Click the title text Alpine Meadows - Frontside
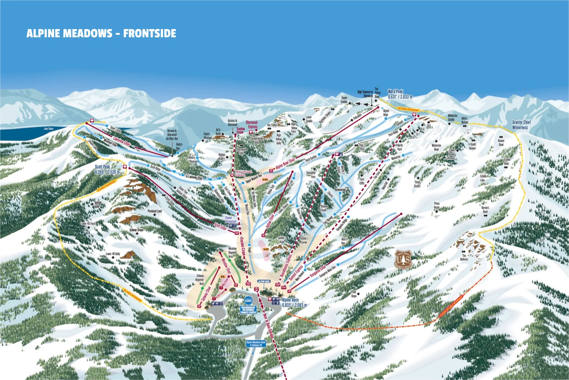101,33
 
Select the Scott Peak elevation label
107,169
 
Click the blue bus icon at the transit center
248,301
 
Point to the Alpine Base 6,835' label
294,302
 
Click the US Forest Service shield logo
403,259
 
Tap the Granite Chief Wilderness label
521,125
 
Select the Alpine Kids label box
264,281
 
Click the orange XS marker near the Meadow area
222,277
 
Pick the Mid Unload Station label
243,173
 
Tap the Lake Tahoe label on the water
48,129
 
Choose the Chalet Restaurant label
230,220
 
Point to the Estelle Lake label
483,178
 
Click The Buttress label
464,258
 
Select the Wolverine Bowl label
436,147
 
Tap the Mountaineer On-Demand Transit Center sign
248,310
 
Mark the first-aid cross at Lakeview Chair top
92,121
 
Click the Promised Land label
154,211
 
